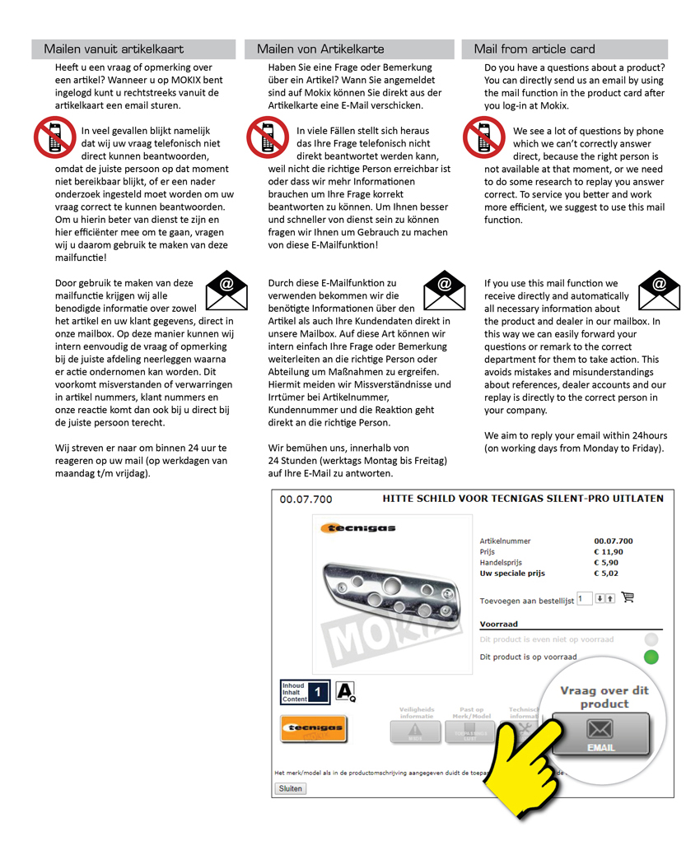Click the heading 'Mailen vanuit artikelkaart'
[114, 49]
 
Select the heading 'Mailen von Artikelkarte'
[320, 49]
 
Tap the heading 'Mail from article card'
[534, 49]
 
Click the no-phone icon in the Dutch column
[54, 137]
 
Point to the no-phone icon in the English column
[483, 137]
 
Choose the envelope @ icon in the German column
[444, 290]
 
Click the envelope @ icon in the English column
[659, 290]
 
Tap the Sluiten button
[290, 788]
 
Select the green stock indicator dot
[651, 657]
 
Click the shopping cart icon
[628, 597]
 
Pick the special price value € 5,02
[606, 574]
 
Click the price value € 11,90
[609, 552]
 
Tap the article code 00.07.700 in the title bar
[306, 499]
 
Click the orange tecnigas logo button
[313, 729]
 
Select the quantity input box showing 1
[584, 598]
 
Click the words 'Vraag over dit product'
[604, 697]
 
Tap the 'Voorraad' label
[499, 625]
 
